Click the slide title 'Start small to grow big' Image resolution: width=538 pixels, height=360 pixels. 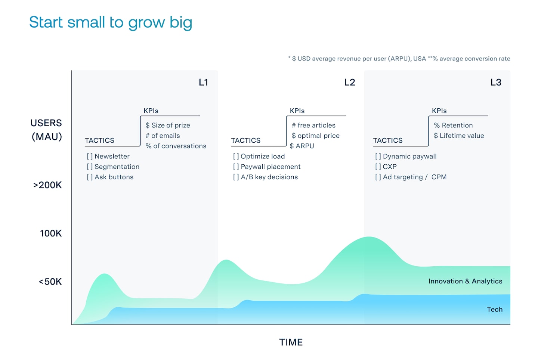(x=111, y=23)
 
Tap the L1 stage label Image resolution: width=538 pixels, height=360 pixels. (x=203, y=82)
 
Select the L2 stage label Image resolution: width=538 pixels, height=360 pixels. (x=349, y=82)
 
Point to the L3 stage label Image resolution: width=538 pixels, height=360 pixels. (x=496, y=82)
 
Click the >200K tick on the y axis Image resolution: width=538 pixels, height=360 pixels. (x=47, y=185)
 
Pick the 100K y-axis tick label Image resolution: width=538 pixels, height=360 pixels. (x=51, y=233)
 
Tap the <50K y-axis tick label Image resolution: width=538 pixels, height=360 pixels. (x=50, y=282)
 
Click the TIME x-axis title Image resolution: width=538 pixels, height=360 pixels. (x=291, y=342)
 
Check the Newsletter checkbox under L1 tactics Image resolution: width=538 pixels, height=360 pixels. (x=90, y=156)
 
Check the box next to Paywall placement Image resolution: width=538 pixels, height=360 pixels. (x=236, y=167)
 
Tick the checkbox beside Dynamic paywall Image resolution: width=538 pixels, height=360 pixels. (x=378, y=156)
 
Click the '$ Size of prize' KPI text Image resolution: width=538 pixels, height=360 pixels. (x=168, y=125)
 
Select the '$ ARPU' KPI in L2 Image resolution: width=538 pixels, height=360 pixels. (x=302, y=146)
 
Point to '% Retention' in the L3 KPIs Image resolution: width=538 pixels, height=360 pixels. (x=453, y=125)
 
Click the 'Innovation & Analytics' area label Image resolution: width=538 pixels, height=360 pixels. (x=465, y=281)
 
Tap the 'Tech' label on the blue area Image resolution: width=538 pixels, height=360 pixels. (x=495, y=309)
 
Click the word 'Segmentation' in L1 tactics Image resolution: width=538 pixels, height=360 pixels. (x=117, y=167)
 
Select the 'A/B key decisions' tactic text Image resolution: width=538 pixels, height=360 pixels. (x=269, y=177)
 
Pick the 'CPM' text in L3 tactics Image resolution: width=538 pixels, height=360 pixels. (x=439, y=177)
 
